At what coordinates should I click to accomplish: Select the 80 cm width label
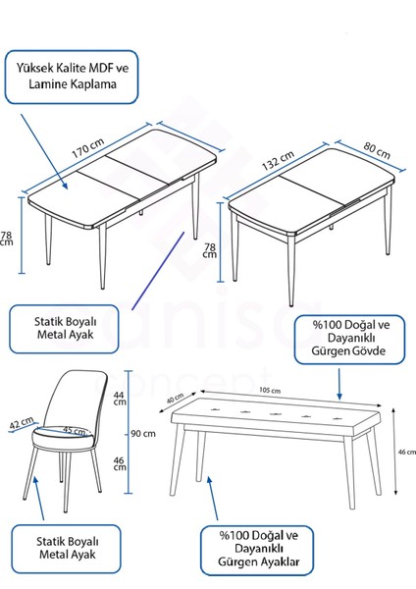[x=376, y=152]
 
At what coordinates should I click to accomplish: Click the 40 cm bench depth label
[x=177, y=400]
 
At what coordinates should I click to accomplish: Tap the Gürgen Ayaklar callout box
[x=259, y=549]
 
